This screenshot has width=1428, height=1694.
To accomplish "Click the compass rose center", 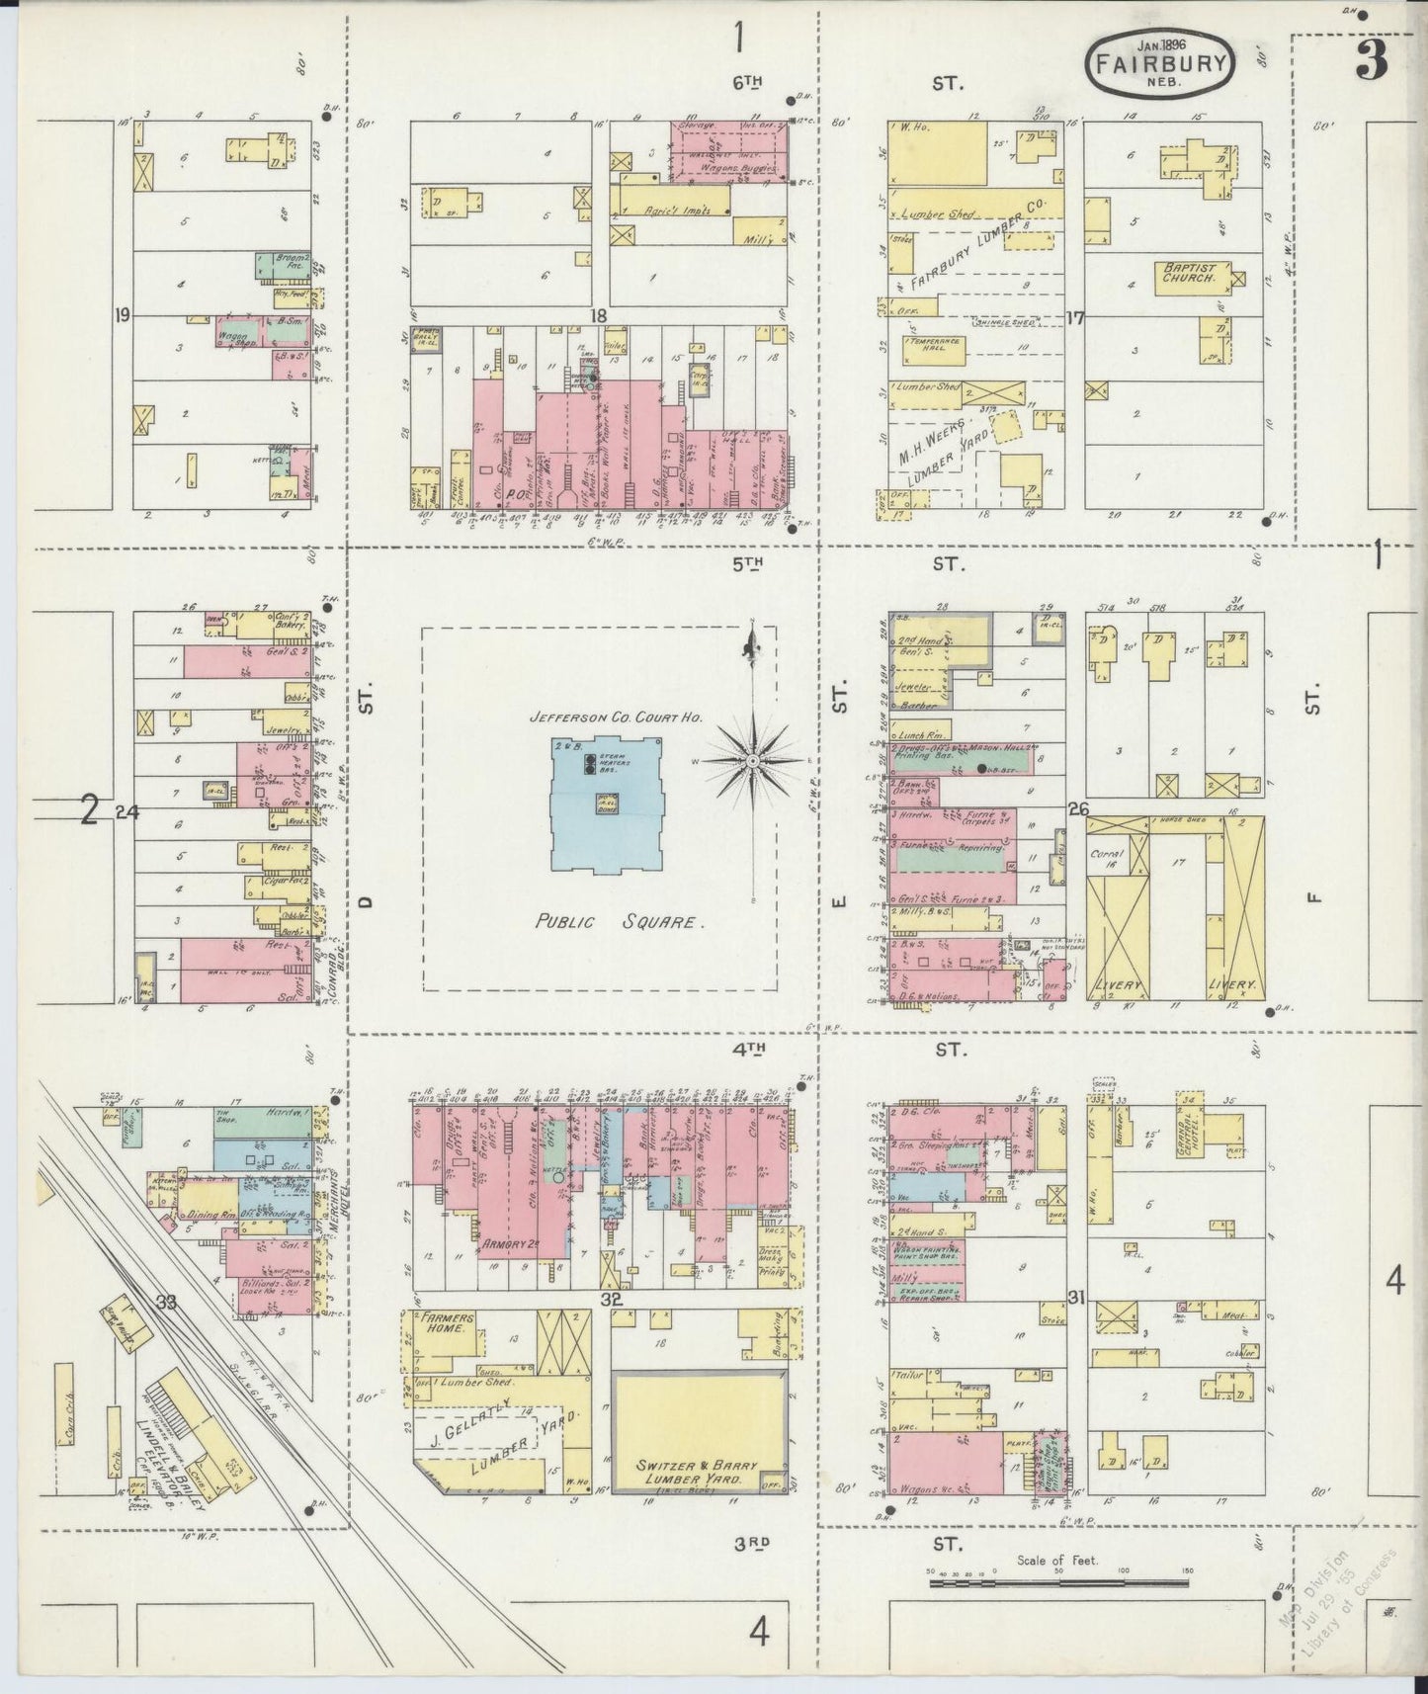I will click(x=751, y=760).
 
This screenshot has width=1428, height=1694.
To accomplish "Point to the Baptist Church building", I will click(x=1193, y=278).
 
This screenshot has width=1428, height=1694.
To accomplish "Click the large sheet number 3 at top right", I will click(x=1371, y=61).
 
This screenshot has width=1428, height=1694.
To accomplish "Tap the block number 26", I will click(x=1078, y=809).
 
